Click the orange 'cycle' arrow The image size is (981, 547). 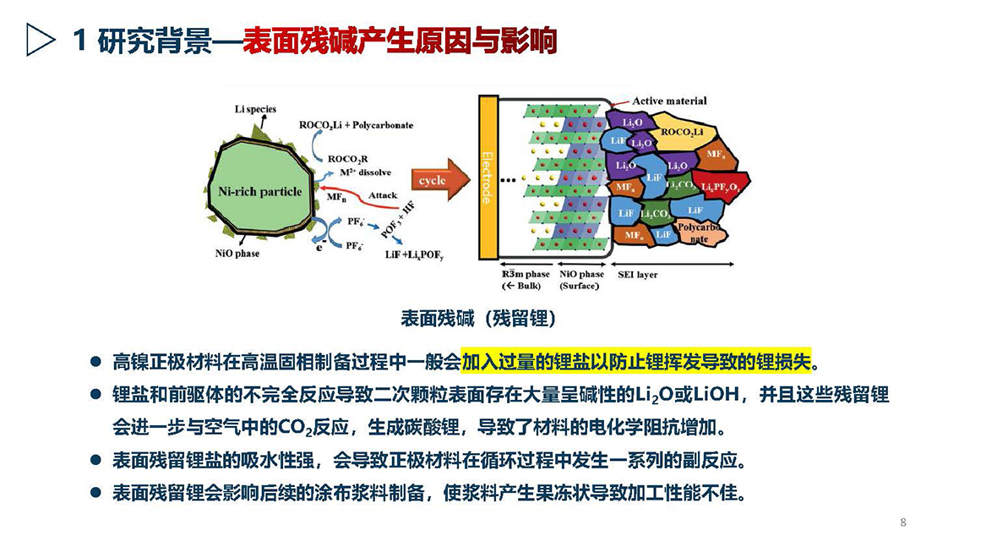click(440, 180)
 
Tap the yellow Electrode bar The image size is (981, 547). click(488, 177)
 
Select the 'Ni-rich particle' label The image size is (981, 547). click(259, 192)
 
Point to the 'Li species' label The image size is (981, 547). click(255, 110)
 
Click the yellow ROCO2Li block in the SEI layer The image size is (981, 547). click(682, 132)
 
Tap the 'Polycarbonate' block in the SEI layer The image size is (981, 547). click(700, 232)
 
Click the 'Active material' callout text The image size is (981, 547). click(669, 101)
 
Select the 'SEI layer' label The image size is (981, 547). click(638, 274)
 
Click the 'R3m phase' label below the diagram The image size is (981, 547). click(526, 274)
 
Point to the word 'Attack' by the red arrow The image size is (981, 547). click(382, 195)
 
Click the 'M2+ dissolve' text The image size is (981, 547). click(365, 172)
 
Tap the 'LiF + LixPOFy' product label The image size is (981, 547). click(413, 254)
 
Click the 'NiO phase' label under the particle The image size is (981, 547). click(237, 254)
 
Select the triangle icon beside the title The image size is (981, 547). click(40, 40)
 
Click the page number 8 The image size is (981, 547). click(902, 522)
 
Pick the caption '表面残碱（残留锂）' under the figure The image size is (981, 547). click(478, 319)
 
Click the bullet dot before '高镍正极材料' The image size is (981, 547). click(95, 362)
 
